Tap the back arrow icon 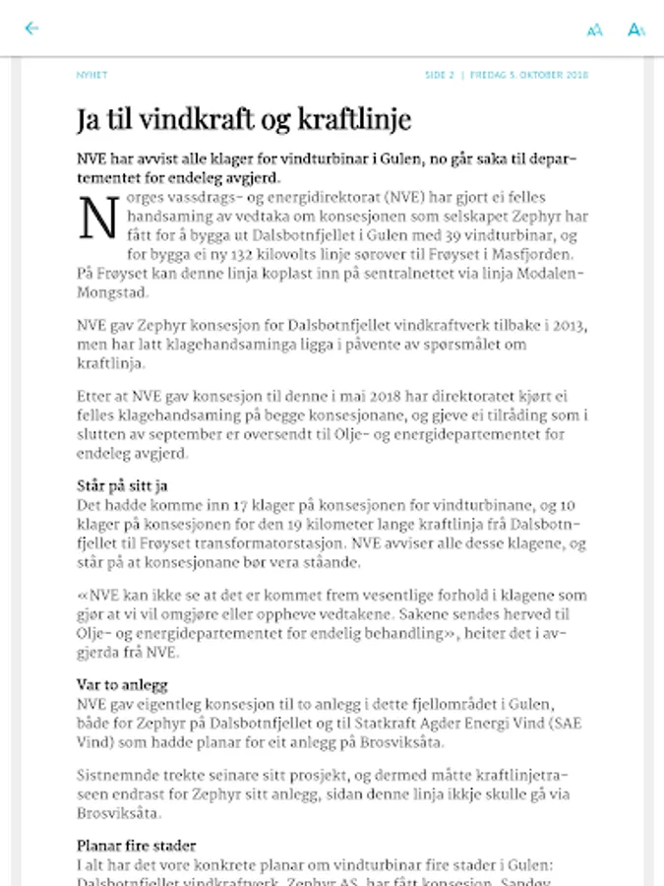[x=31, y=29]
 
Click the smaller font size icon [x=594, y=31]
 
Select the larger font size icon [x=636, y=30]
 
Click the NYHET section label [x=91, y=75]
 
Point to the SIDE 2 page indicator [x=440, y=75]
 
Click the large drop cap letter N [x=98, y=219]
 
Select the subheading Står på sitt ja [x=122, y=485]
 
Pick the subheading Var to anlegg [x=122, y=684]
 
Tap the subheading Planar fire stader [x=136, y=845]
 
